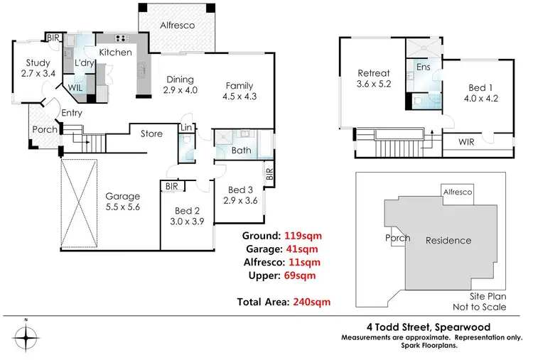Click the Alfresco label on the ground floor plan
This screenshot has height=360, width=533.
(x=178, y=25)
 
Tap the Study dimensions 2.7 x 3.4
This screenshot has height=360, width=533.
(x=38, y=73)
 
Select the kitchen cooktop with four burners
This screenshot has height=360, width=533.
(x=122, y=38)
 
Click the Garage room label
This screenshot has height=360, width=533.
(x=123, y=196)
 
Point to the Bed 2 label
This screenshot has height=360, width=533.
(x=188, y=211)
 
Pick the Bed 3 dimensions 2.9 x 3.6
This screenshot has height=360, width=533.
(x=240, y=201)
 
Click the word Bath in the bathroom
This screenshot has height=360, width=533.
(x=242, y=150)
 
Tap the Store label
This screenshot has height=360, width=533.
(x=151, y=133)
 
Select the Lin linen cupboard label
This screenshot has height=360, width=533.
(x=186, y=128)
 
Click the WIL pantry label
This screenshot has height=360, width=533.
(x=75, y=87)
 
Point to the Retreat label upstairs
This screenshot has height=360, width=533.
(x=374, y=73)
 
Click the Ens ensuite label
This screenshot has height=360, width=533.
(x=424, y=67)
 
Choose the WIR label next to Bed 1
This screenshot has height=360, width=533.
(x=466, y=142)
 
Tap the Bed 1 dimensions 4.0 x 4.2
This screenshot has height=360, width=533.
(x=481, y=99)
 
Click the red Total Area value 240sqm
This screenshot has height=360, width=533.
(x=312, y=302)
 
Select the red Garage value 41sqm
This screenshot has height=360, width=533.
(x=302, y=249)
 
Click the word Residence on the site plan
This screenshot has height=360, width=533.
(x=448, y=241)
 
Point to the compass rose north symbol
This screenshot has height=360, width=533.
(x=26, y=337)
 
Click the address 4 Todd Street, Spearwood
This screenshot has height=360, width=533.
(x=429, y=327)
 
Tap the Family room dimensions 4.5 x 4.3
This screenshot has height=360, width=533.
(x=239, y=97)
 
